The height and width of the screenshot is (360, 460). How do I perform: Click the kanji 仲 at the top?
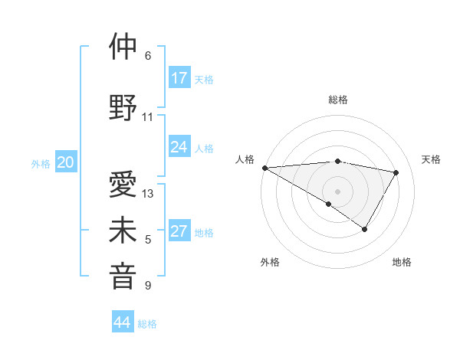click(x=123, y=47)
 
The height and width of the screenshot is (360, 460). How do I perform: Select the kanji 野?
click(x=123, y=106)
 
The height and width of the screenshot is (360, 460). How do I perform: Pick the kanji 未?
click(x=123, y=232)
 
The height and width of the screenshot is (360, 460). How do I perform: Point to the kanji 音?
click(x=123, y=277)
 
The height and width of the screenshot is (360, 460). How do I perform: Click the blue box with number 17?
click(x=179, y=78)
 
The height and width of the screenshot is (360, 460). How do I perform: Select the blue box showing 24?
click(x=179, y=147)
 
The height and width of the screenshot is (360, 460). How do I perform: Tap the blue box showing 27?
click(x=179, y=232)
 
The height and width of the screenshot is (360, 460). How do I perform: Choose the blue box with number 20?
click(x=66, y=162)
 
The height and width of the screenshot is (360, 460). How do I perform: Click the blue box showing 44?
click(x=123, y=322)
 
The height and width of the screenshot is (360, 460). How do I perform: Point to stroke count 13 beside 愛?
click(x=148, y=194)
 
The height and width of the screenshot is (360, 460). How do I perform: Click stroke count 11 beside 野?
click(x=148, y=117)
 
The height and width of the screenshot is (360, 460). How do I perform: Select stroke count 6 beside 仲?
click(x=148, y=56)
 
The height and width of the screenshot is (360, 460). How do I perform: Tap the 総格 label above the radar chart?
click(x=338, y=100)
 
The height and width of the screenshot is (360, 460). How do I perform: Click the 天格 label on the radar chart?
click(x=432, y=159)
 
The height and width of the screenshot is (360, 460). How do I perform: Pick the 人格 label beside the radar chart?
click(x=245, y=159)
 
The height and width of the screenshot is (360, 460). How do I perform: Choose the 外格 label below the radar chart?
click(x=270, y=263)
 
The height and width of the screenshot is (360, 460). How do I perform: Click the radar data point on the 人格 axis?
click(x=264, y=168)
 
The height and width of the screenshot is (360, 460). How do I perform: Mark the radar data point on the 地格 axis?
click(x=365, y=229)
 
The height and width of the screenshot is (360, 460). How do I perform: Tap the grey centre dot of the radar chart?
click(x=337, y=190)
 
